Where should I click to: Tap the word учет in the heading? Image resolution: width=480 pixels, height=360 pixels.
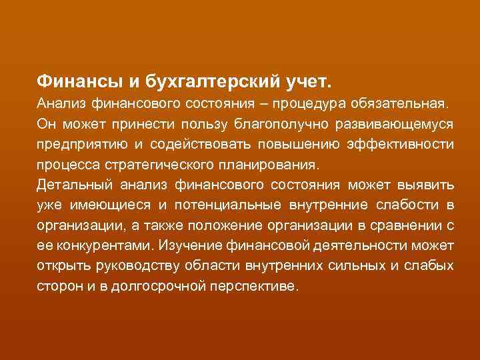[x=304, y=82]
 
